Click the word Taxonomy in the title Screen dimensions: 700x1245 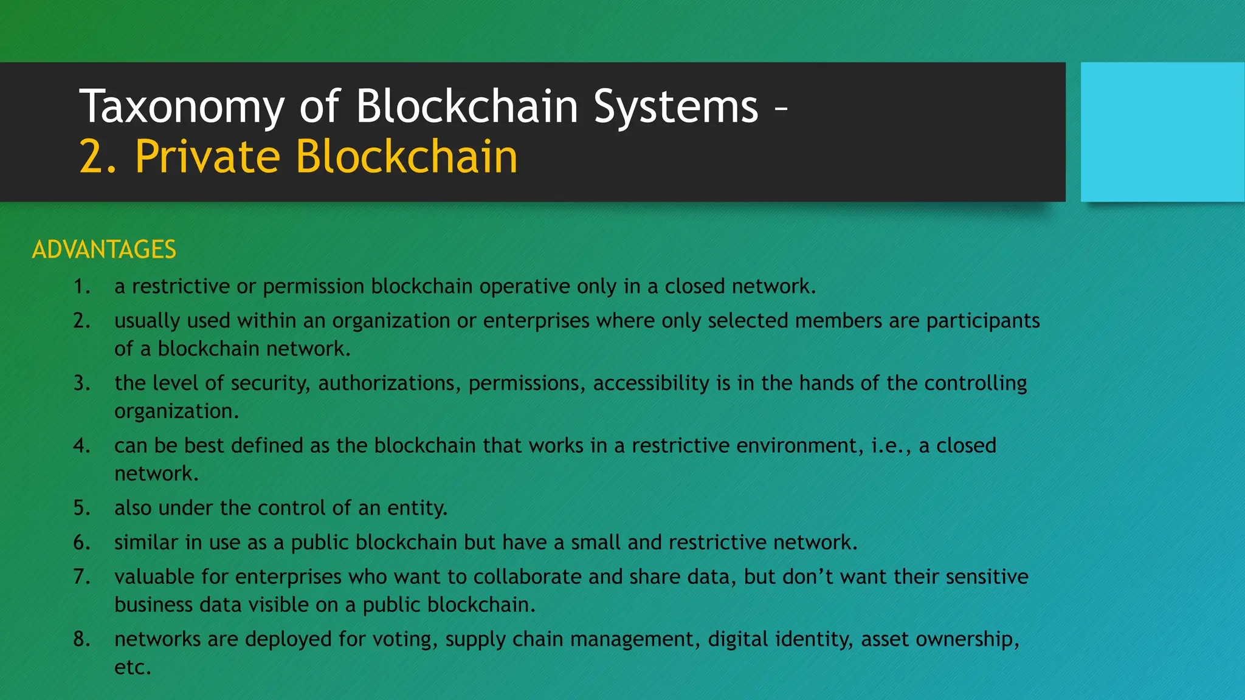point(182,107)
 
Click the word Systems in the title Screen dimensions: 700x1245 point(675,107)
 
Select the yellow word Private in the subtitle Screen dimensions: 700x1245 point(207,157)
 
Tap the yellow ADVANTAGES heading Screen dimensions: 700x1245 point(104,250)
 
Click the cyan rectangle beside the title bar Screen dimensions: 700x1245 point(1162,132)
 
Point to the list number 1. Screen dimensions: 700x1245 point(81,286)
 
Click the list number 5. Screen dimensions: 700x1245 point(81,508)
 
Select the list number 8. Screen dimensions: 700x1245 point(81,639)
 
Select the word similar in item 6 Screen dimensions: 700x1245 point(146,542)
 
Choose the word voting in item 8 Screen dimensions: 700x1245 point(404,639)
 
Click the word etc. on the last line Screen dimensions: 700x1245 point(133,668)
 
